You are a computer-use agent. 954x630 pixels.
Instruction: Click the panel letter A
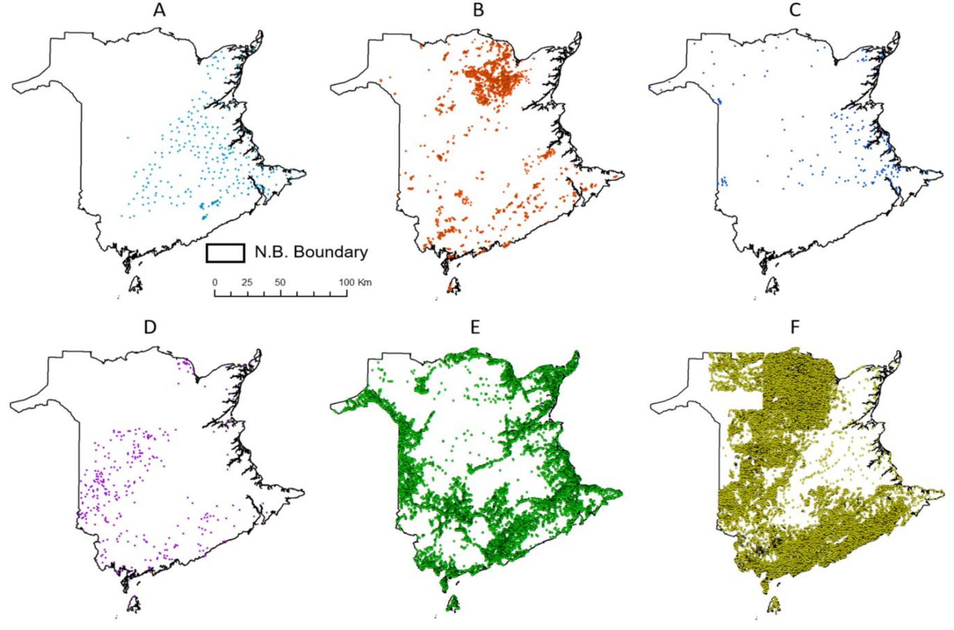coord(159,10)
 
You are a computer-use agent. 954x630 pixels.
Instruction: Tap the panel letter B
coord(478,10)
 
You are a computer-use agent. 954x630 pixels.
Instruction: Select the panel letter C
coord(795,10)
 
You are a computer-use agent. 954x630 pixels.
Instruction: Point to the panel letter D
coord(150,327)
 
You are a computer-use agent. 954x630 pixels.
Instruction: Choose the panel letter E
coord(475,327)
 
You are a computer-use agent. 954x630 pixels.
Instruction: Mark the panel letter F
coord(795,327)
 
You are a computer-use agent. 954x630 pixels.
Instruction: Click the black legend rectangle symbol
coord(225,253)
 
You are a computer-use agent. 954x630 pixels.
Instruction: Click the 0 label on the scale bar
coord(215,282)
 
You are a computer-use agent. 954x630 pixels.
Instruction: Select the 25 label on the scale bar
coord(247,282)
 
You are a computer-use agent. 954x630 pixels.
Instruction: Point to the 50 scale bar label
coord(280,282)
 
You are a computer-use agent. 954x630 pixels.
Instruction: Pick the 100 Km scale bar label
coord(355,282)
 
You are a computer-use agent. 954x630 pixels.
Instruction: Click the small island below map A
coord(135,285)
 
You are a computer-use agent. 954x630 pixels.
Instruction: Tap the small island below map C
coord(772,285)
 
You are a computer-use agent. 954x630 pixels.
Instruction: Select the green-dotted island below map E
coord(453,603)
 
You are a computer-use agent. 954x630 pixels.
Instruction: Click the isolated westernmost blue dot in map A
coord(127,138)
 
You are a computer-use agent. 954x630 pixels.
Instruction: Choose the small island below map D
coord(134,603)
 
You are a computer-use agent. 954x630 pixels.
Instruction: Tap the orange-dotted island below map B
coord(453,286)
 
